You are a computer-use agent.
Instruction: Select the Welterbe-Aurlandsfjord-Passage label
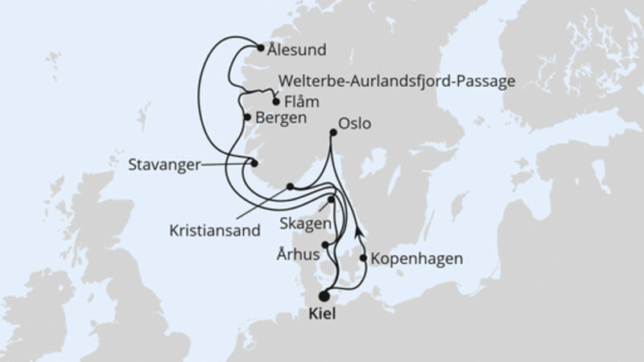tap(396, 81)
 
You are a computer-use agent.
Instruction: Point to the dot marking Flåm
tap(277, 101)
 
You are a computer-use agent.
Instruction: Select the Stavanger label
tap(163, 166)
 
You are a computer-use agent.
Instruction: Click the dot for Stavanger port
tap(254, 164)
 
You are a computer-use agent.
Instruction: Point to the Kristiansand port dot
tap(290, 187)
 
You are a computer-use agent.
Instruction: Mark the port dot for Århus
tap(325, 245)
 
